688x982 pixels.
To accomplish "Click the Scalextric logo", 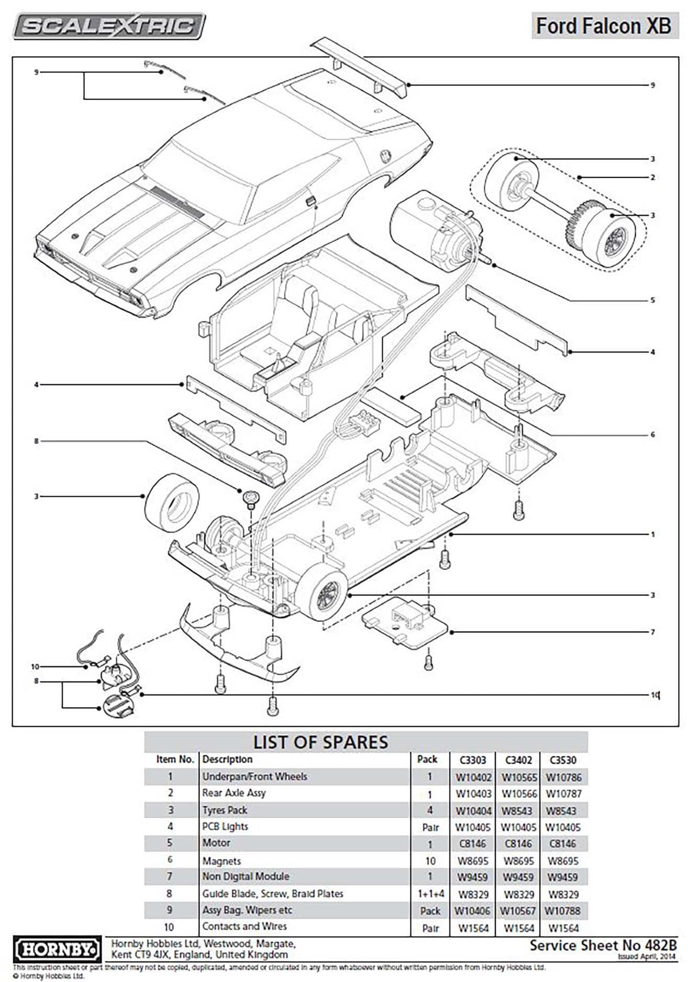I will [108, 26].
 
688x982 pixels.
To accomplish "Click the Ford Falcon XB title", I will [603, 26].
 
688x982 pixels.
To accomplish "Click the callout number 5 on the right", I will [652, 300].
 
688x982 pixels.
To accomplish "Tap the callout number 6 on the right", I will [652, 434].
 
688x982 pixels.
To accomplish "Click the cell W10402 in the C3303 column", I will [473, 777].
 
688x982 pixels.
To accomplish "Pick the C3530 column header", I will [563, 760].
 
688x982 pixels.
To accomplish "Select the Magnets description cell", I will [221, 861].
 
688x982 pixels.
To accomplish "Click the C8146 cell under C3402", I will [518, 844].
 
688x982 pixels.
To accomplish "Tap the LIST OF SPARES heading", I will [320, 742].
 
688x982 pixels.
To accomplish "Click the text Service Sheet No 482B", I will [603, 945].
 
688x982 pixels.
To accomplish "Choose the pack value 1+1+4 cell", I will [430, 894].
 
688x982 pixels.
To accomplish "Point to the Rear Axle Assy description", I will [234, 793].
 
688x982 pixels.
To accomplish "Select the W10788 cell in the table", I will [562, 911].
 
